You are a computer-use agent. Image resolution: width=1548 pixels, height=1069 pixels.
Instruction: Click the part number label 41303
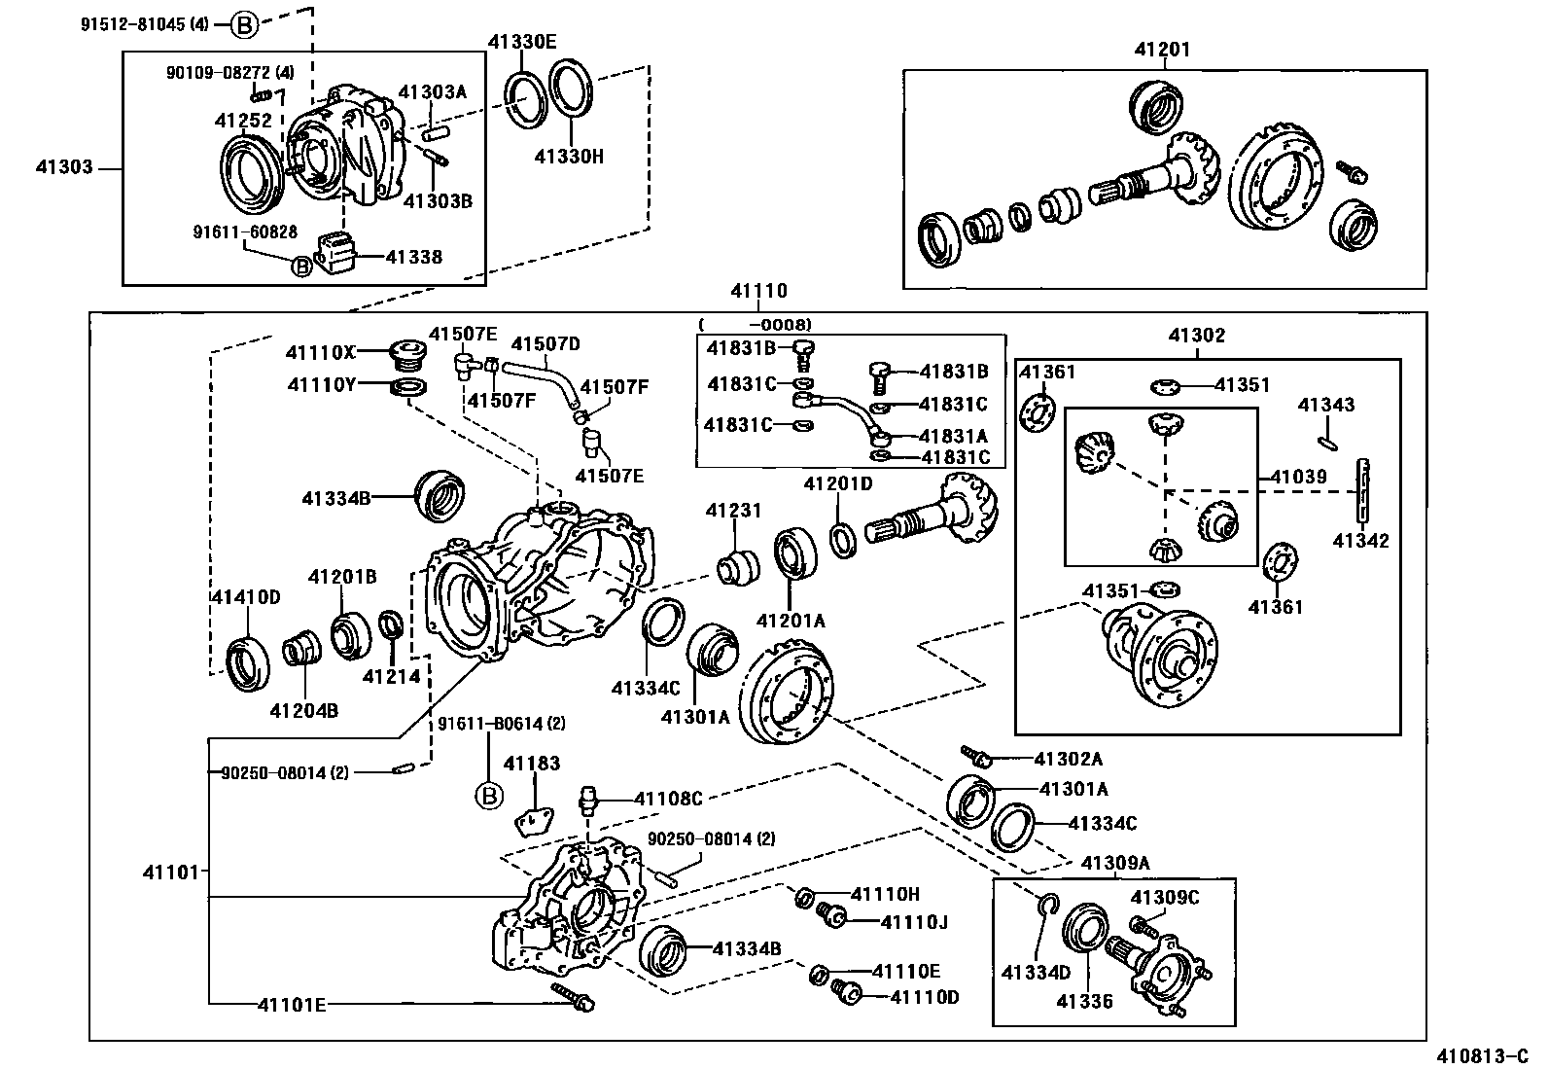click(65, 167)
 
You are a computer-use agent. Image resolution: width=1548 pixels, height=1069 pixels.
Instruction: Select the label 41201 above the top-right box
click(1161, 50)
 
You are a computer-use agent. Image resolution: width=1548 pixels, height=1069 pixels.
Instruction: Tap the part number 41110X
click(321, 351)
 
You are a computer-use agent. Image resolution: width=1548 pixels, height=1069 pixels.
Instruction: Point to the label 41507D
click(545, 343)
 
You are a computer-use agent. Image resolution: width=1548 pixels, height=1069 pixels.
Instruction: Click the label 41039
click(1298, 478)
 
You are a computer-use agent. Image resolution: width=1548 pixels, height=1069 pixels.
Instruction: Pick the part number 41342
click(1360, 541)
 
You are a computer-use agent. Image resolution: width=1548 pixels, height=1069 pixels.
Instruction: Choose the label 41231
click(733, 511)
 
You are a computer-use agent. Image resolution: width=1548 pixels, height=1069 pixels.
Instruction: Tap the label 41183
click(532, 765)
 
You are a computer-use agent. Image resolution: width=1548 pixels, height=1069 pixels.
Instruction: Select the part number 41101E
click(292, 1005)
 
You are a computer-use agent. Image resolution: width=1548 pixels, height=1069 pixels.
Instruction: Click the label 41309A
click(1115, 863)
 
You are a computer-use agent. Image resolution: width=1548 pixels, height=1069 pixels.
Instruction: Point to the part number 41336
click(1084, 1001)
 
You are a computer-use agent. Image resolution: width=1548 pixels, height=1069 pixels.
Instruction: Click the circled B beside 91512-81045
click(243, 25)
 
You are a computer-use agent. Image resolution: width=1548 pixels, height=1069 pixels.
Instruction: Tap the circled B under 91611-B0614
click(489, 797)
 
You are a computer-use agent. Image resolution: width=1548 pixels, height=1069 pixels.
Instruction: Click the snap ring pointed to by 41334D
click(1047, 907)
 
